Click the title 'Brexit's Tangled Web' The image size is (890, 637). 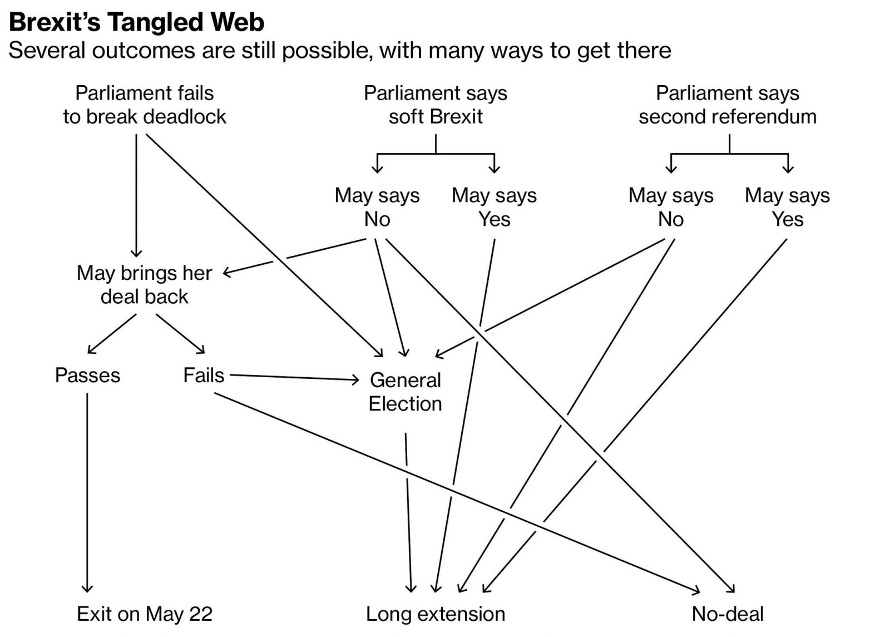[136, 22]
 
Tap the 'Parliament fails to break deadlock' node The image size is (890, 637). [145, 105]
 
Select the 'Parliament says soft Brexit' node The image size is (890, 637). [436, 105]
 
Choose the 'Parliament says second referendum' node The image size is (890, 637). [728, 105]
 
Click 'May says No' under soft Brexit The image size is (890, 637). [377, 207]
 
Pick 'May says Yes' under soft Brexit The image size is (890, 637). [494, 207]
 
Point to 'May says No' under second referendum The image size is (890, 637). [671, 207]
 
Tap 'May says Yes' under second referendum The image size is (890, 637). [787, 207]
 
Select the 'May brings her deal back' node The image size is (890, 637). [145, 284]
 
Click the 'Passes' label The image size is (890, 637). [87, 375]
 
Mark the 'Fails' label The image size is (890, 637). [204, 375]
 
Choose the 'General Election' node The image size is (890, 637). [406, 392]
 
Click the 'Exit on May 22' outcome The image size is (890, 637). [145, 614]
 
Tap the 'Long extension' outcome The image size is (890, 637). [436, 614]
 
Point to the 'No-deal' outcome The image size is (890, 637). [728, 614]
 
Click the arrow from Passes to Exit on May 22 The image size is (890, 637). [87, 490]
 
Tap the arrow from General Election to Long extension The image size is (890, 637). [408, 512]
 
